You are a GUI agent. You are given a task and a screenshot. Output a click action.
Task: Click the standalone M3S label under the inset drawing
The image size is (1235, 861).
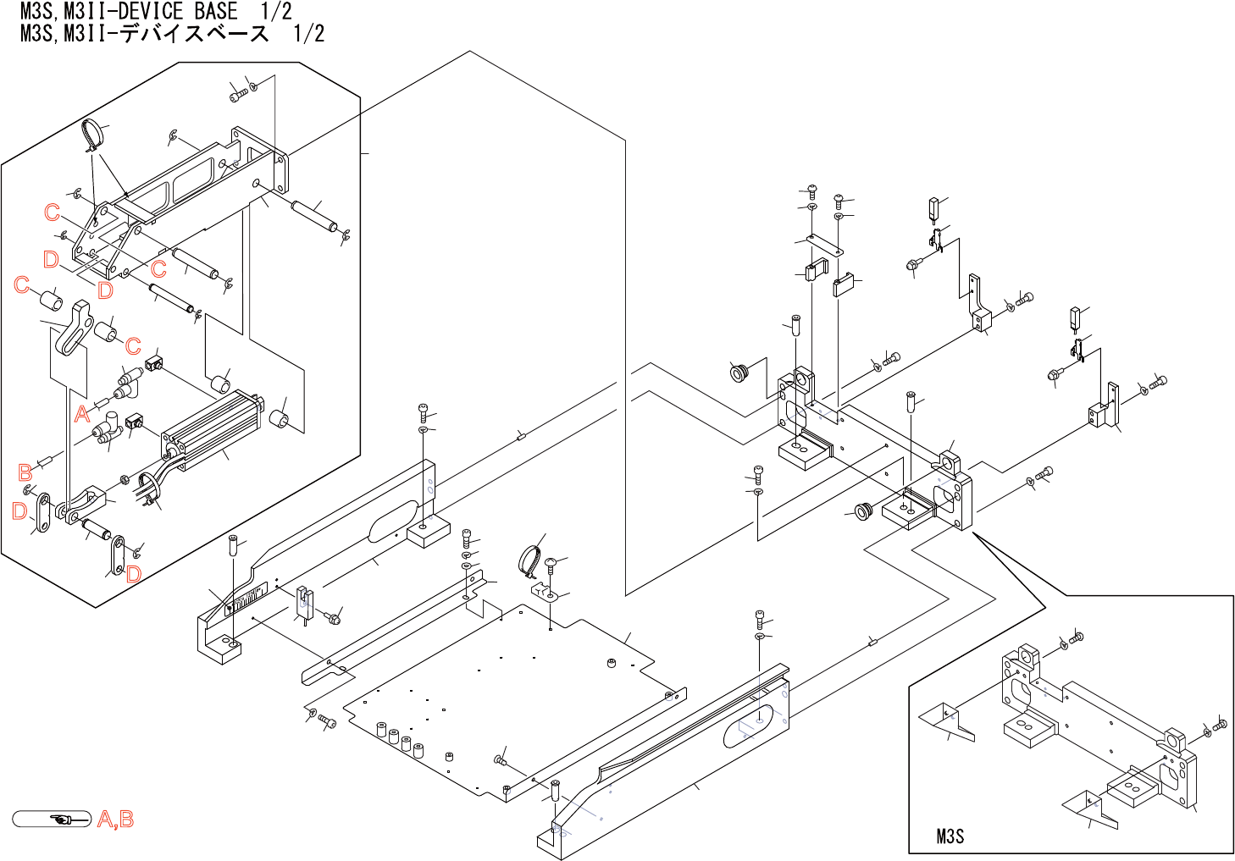click(950, 836)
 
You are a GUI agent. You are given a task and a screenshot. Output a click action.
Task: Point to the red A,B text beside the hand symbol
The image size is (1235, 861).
click(116, 820)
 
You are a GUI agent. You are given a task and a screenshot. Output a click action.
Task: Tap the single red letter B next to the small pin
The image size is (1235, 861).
click(25, 472)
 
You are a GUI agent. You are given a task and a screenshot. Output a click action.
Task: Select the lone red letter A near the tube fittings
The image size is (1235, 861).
click(82, 414)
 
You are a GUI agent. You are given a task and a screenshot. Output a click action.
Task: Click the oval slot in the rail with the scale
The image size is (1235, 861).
click(392, 521)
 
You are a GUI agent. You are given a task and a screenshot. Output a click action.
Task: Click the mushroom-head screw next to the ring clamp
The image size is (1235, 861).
click(551, 564)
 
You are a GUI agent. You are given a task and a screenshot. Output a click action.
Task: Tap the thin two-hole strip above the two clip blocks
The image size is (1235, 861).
click(824, 245)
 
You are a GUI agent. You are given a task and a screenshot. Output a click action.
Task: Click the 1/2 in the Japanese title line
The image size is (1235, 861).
click(308, 34)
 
